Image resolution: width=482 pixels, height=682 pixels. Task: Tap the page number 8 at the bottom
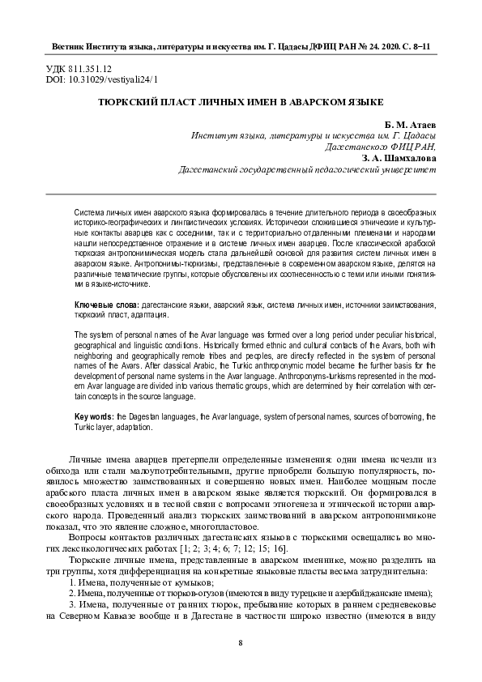(241, 642)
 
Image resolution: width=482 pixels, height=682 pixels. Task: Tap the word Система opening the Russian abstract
(88, 209)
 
